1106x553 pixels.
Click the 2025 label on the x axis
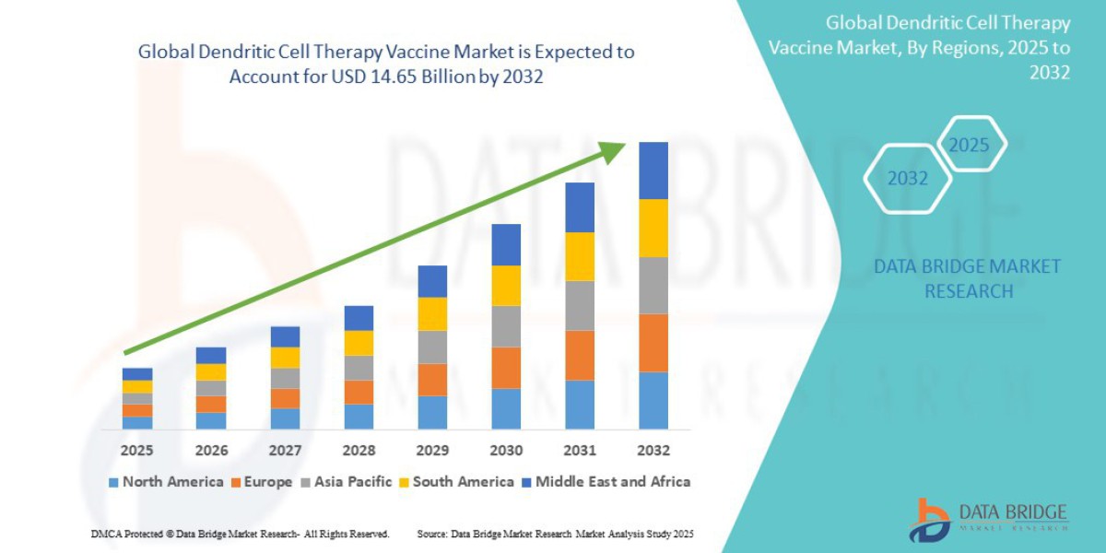point(136,451)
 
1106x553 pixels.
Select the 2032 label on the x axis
point(653,451)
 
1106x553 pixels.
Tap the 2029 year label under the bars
point(431,451)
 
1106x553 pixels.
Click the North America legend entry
point(166,482)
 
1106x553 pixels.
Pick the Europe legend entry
point(262,482)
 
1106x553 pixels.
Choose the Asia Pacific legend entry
point(347,482)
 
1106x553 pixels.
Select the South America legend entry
point(456,482)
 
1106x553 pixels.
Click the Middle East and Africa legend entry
point(606,482)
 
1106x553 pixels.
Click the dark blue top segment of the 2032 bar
point(653,171)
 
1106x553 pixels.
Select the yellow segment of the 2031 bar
point(580,256)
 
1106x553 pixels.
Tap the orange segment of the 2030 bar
point(506,368)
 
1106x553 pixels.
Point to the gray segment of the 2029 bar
point(432,347)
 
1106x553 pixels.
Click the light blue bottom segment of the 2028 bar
point(359,417)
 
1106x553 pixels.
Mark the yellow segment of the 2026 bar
point(211,372)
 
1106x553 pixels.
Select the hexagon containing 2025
point(970,144)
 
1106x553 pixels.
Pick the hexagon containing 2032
point(908,178)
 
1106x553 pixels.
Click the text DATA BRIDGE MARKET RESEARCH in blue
point(968,278)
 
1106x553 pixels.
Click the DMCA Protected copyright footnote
point(241,534)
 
